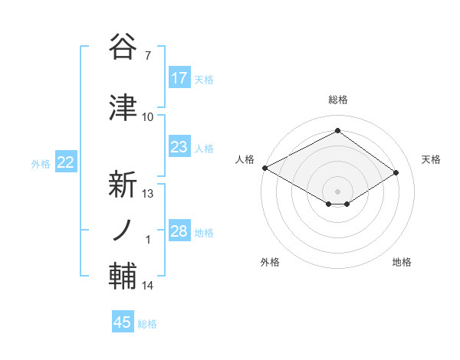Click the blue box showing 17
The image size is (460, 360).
[x=179, y=78]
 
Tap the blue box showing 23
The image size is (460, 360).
[x=179, y=147]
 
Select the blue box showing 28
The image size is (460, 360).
[x=179, y=231]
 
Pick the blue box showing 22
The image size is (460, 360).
[x=66, y=162]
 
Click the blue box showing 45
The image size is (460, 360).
[x=123, y=322]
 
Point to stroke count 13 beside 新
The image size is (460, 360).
[x=148, y=194]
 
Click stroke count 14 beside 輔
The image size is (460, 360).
[x=148, y=286]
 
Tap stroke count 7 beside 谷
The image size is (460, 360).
[x=148, y=56]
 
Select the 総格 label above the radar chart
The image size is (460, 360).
[x=337, y=100]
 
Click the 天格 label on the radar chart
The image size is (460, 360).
[x=431, y=159]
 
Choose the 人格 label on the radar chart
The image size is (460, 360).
[x=245, y=159]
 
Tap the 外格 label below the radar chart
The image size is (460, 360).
[x=270, y=262]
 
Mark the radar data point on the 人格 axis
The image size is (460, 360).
[x=264, y=168]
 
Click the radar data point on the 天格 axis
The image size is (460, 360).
[x=396, y=172]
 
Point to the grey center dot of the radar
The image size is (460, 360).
[x=337, y=191]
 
